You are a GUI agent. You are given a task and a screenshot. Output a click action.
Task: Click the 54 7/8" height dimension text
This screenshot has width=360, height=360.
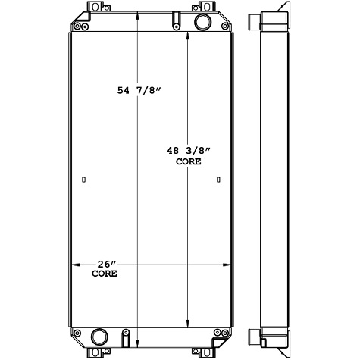[139, 91]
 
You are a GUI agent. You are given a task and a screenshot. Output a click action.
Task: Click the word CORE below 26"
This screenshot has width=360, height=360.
[105, 273]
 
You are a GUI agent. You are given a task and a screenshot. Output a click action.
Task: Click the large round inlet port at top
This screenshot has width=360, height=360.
[203, 22]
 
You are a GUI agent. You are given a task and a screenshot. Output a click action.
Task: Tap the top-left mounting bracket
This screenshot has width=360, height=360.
[92, 11]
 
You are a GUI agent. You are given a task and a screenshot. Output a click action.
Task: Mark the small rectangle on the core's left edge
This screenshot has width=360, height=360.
[83, 180]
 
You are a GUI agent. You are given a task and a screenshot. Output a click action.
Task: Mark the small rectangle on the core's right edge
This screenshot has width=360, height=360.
[218, 180]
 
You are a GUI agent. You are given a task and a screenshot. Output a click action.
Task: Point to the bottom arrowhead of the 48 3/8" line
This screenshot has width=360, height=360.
[189, 323]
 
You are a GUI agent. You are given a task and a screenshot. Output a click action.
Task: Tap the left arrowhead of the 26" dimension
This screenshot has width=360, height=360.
[74, 266]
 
